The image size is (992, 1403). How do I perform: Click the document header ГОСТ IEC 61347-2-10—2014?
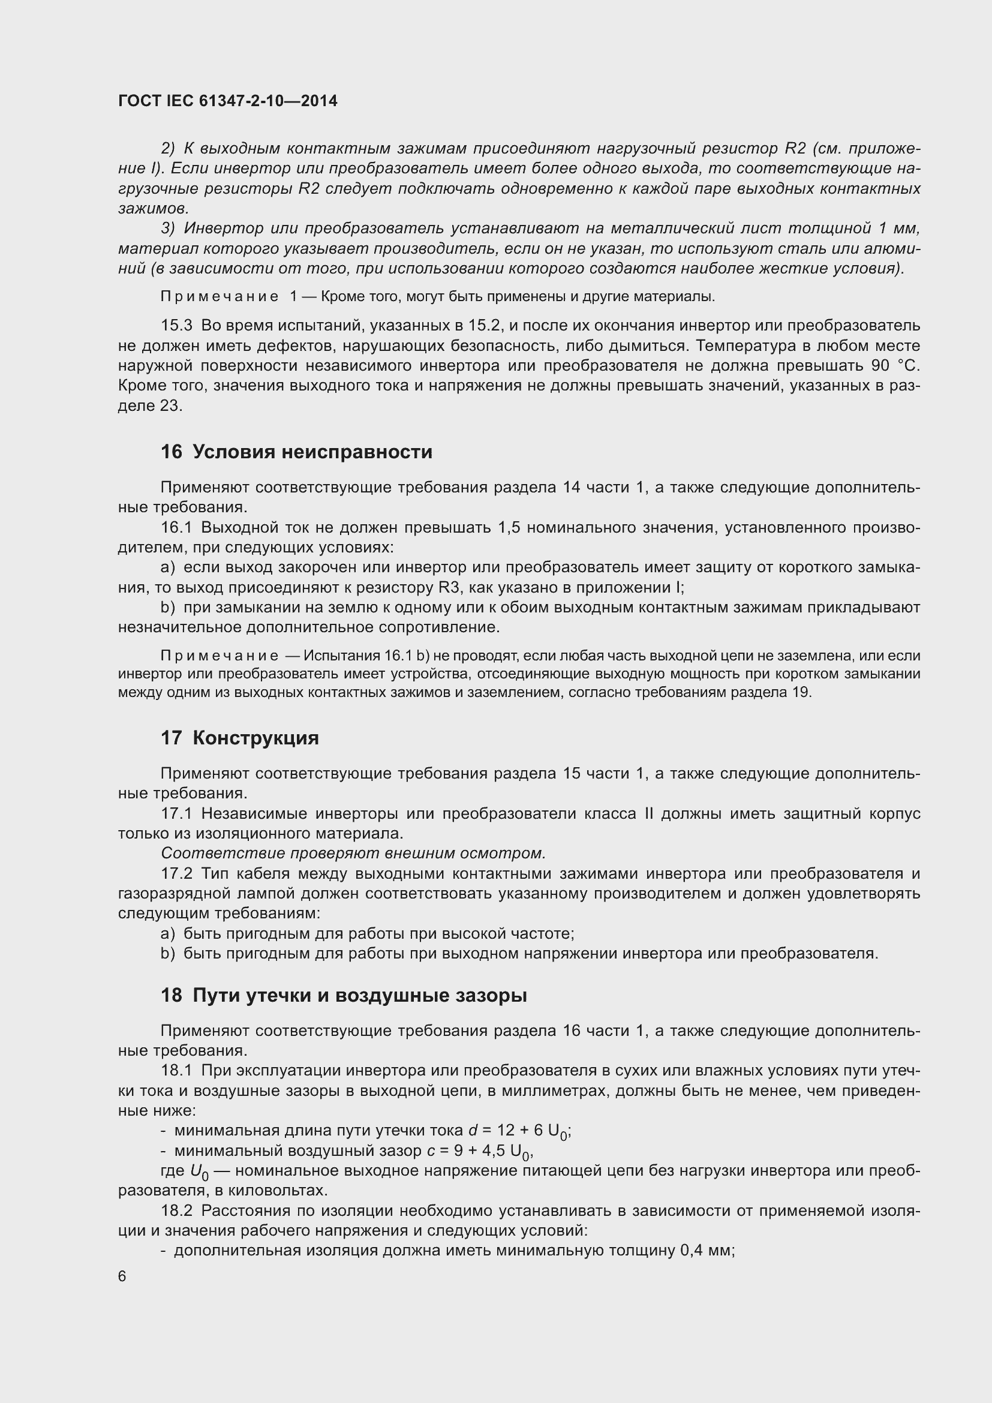227,101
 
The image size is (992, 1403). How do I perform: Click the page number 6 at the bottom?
122,1276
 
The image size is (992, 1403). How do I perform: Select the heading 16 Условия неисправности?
296,452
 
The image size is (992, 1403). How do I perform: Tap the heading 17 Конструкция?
239,738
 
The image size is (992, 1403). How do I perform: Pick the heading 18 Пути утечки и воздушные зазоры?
343,996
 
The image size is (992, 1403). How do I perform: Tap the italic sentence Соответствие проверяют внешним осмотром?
353,853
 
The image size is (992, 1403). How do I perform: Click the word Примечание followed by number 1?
220,297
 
